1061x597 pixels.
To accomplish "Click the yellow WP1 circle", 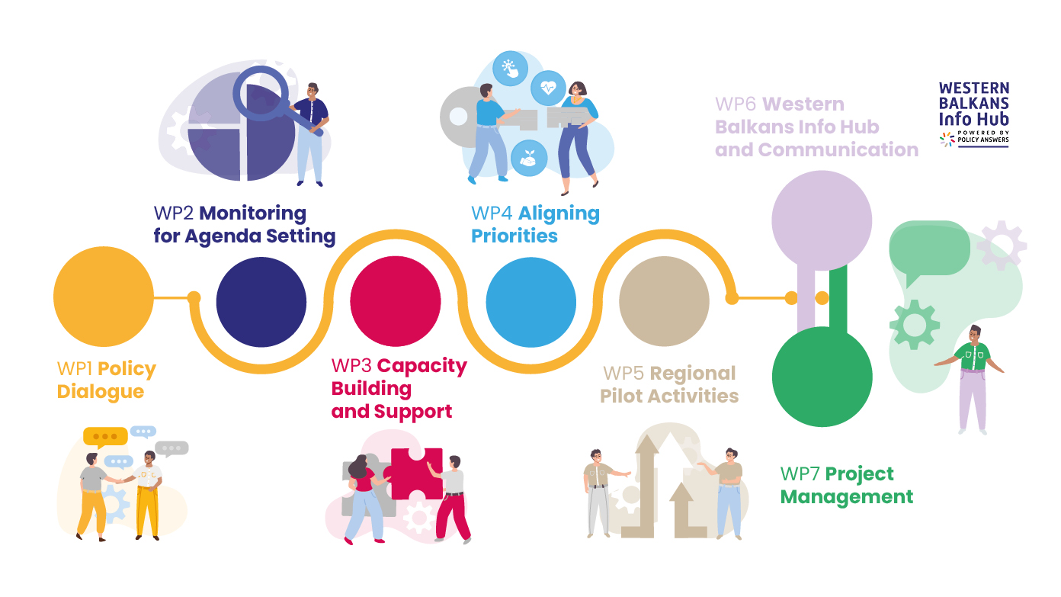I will [x=104, y=297].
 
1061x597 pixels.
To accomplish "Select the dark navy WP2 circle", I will [x=261, y=302].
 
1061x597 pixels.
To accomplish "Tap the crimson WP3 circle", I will [x=396, y=302].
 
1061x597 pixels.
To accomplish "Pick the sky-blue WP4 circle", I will [x=531, y=302].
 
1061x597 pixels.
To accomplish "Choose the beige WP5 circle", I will [x=664, y=302].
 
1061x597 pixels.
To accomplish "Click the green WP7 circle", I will [x=822, y=377].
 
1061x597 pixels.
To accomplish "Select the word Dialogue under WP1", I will [x=101, y=392].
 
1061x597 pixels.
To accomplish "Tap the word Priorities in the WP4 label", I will [x=514, y=236].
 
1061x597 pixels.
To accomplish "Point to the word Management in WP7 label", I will [x=847, y=497].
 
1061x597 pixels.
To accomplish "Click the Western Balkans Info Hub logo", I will [x=973, y=114].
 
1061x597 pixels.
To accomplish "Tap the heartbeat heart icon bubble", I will [x=548, y=88].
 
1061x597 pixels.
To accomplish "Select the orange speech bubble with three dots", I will [x=105, y=437].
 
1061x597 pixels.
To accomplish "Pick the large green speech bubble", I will [x=929, y=248].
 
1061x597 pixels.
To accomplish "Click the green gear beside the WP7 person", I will [x=914, y=324].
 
